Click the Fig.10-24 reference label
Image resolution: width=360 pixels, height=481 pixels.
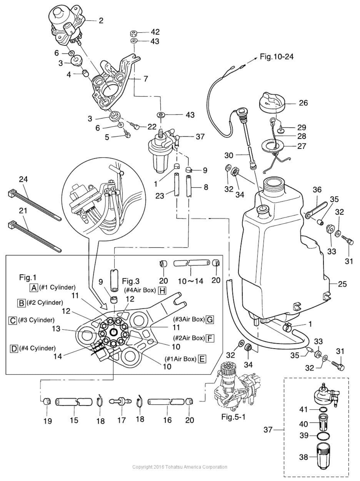277,57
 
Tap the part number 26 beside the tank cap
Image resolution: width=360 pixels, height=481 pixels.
303,103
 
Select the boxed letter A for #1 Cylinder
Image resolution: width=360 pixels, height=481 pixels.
34,287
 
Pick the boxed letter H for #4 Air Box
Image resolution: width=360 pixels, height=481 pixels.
162,291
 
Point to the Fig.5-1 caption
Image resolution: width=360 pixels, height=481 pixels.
233,417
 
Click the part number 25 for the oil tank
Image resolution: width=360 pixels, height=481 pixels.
342,284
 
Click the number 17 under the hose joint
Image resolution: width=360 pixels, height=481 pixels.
122,420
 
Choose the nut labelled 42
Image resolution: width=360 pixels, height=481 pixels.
133,33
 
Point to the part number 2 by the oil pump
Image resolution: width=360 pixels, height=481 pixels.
101,20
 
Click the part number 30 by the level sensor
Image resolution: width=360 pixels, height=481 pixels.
229,155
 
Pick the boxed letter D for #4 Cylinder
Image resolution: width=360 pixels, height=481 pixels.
14,348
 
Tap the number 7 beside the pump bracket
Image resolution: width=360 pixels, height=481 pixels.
146,78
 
